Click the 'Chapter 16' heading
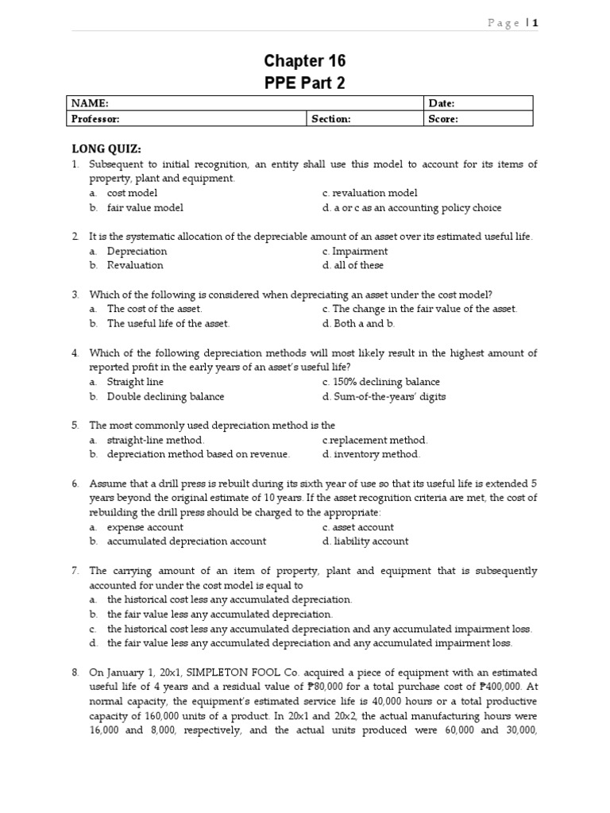(x=305, y=61)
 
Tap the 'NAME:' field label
(x=90, y=103)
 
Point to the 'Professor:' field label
(x=95, y=118)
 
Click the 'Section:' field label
(x=330, y=118)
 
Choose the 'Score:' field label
(x=443, y=118)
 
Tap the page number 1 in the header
(x=535, y=23)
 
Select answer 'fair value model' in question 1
(x=145, y=208)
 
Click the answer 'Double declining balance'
(x=165, y=396)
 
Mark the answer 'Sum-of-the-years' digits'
(x=388, y=396)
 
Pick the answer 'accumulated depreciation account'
(x=186, y=541)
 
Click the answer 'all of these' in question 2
(x=357, y=265)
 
